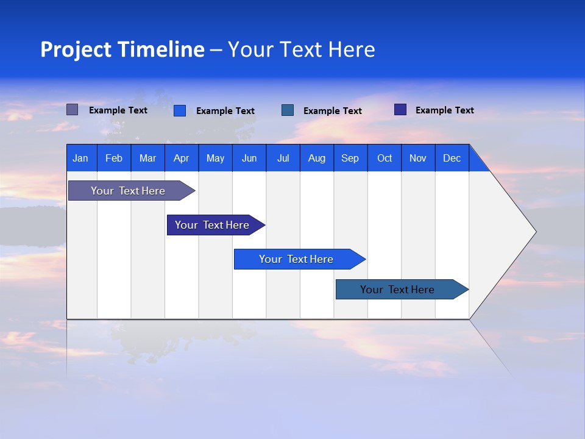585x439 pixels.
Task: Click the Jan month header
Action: [x=81, y=158]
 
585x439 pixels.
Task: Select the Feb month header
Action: [x=114, y=158]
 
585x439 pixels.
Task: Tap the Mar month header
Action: [x=147, y=158]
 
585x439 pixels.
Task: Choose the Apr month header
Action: [x=182, y=158]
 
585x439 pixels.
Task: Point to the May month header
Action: [x=215, y=158]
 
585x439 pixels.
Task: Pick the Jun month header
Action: [x=249, y=158]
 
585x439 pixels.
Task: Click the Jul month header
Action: [x=283, y=158]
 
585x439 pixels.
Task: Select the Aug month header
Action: [x=317, y=158]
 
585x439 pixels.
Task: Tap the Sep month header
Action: [x=350, y=158]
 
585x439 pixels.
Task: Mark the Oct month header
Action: [x=385, y=158]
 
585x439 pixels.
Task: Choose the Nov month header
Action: [x=418, y=158]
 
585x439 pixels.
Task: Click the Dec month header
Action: [x=452, y=158]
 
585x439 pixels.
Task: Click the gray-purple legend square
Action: [x=73, y=110]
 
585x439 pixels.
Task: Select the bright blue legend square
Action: [x=180, y=110]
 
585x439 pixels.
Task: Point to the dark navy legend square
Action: [x=400, y=110]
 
